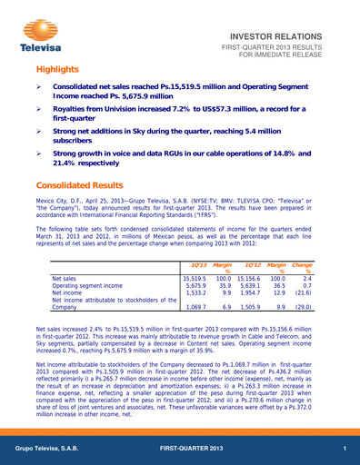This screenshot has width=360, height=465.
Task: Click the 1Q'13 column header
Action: coord(194,262)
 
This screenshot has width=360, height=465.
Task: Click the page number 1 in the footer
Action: coord(345,451)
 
